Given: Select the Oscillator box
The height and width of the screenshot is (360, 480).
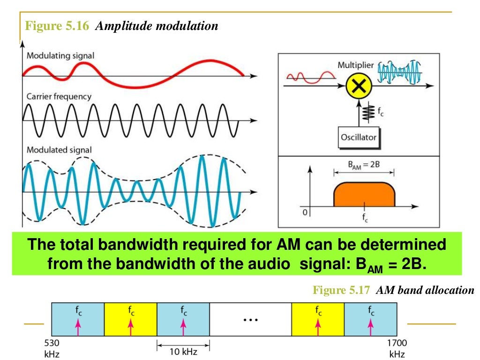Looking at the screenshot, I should tap(358, 137).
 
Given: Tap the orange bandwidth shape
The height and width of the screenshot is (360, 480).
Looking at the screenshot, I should tap(364, 195).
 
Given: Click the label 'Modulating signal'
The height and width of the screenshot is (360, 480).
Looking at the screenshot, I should tap(60, 56).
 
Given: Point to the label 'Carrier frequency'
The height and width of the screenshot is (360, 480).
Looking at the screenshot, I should tap(59, 97).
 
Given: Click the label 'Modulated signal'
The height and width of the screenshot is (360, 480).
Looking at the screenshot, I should tap(59, 150).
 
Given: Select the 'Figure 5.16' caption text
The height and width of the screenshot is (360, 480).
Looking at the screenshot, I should tap(57, 26).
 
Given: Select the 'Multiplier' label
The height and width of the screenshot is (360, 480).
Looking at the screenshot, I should tap(356, 65).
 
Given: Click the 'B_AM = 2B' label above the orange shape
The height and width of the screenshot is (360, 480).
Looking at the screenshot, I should tap(364, 165).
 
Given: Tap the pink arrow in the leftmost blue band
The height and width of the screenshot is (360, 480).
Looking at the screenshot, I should tap(78, 324).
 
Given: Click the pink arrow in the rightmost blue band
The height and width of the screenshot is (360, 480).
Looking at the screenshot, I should tap(371, 324).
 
